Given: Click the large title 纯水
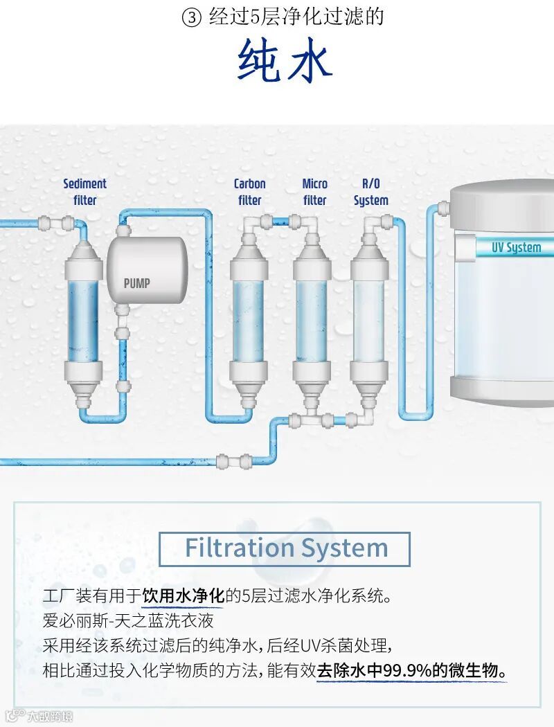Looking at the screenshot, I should (x=285, y=61).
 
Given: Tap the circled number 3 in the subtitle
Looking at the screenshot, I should (x=191, y=18).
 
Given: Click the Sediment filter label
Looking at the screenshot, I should (x=84, y=192).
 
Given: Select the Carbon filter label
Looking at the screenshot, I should (x=249, y=192).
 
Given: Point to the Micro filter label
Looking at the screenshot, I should (x=314, y=192).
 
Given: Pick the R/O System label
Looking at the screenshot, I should (x=370, y=192).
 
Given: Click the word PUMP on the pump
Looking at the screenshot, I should (x=136, y=282).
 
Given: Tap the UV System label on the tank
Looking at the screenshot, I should (x=516, y=247).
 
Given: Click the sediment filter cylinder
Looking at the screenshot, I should (x=84, y=315).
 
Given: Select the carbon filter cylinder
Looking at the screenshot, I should (x=249, y=315).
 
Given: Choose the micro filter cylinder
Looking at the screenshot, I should (x=311, y=315).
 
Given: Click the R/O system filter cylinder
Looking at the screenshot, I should (x=368, y=315).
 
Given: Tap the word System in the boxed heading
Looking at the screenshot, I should (x=352, y=548).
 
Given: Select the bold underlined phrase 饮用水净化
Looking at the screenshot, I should (x=184, y=595).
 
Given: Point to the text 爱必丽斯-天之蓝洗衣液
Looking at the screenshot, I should (x=128, y=620).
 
